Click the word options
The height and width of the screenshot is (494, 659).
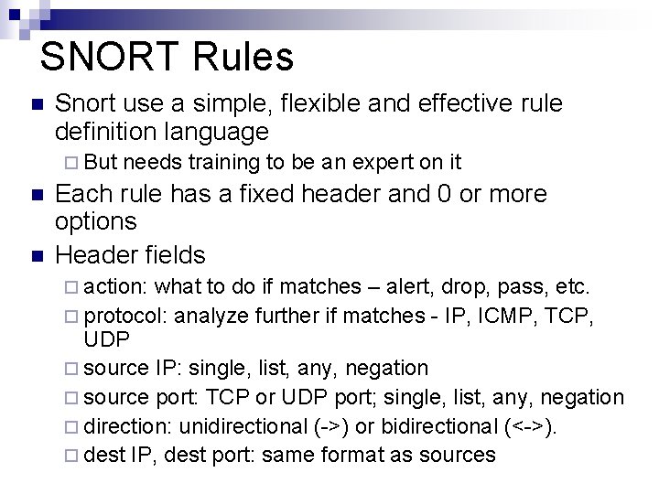coord(96,221)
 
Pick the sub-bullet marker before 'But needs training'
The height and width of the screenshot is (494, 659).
coord(72,164)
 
